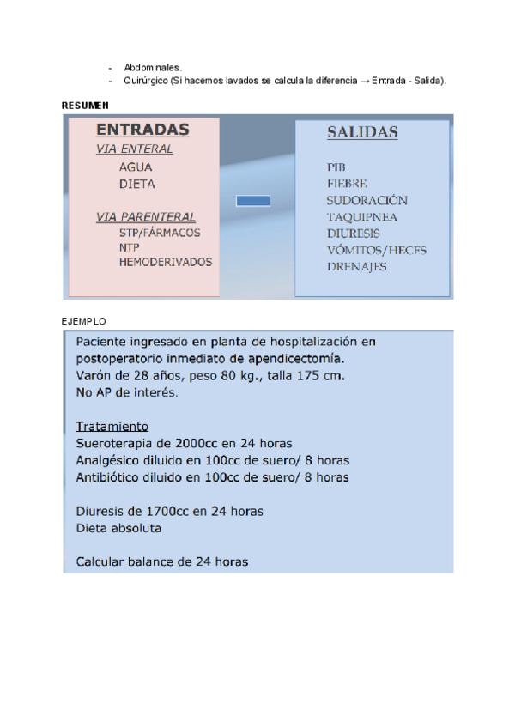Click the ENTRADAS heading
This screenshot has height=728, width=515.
click(x=142, y=130)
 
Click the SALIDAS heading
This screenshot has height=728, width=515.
click(x=362, y=133)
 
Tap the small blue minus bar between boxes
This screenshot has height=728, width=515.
click(x=252, y=200)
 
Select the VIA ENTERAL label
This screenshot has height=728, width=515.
click(x=134, y=149)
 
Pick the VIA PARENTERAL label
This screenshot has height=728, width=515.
click(x=145, y=217)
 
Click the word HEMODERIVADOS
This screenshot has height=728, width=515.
click(x=165, y=262)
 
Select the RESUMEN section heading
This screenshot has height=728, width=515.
click(x=86, y=106)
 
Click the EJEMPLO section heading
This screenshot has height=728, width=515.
click(x=83, y=321)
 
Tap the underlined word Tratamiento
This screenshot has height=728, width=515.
click(x=112, y=427)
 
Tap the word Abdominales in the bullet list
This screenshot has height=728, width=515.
click(x=153, y=67)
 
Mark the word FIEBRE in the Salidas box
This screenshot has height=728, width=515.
click(x=347, y=184)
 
